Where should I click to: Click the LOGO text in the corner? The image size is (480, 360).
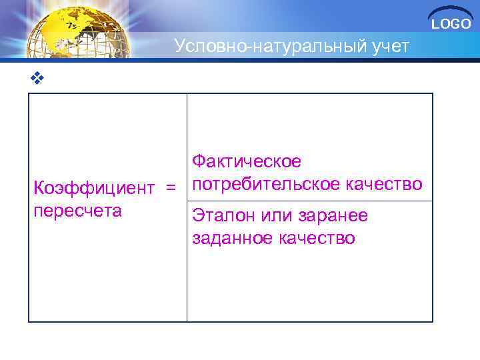tap(451, 25)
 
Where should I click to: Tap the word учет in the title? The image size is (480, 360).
tap(385, 46)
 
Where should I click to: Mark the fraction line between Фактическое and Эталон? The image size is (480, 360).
tap(309, 200)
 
